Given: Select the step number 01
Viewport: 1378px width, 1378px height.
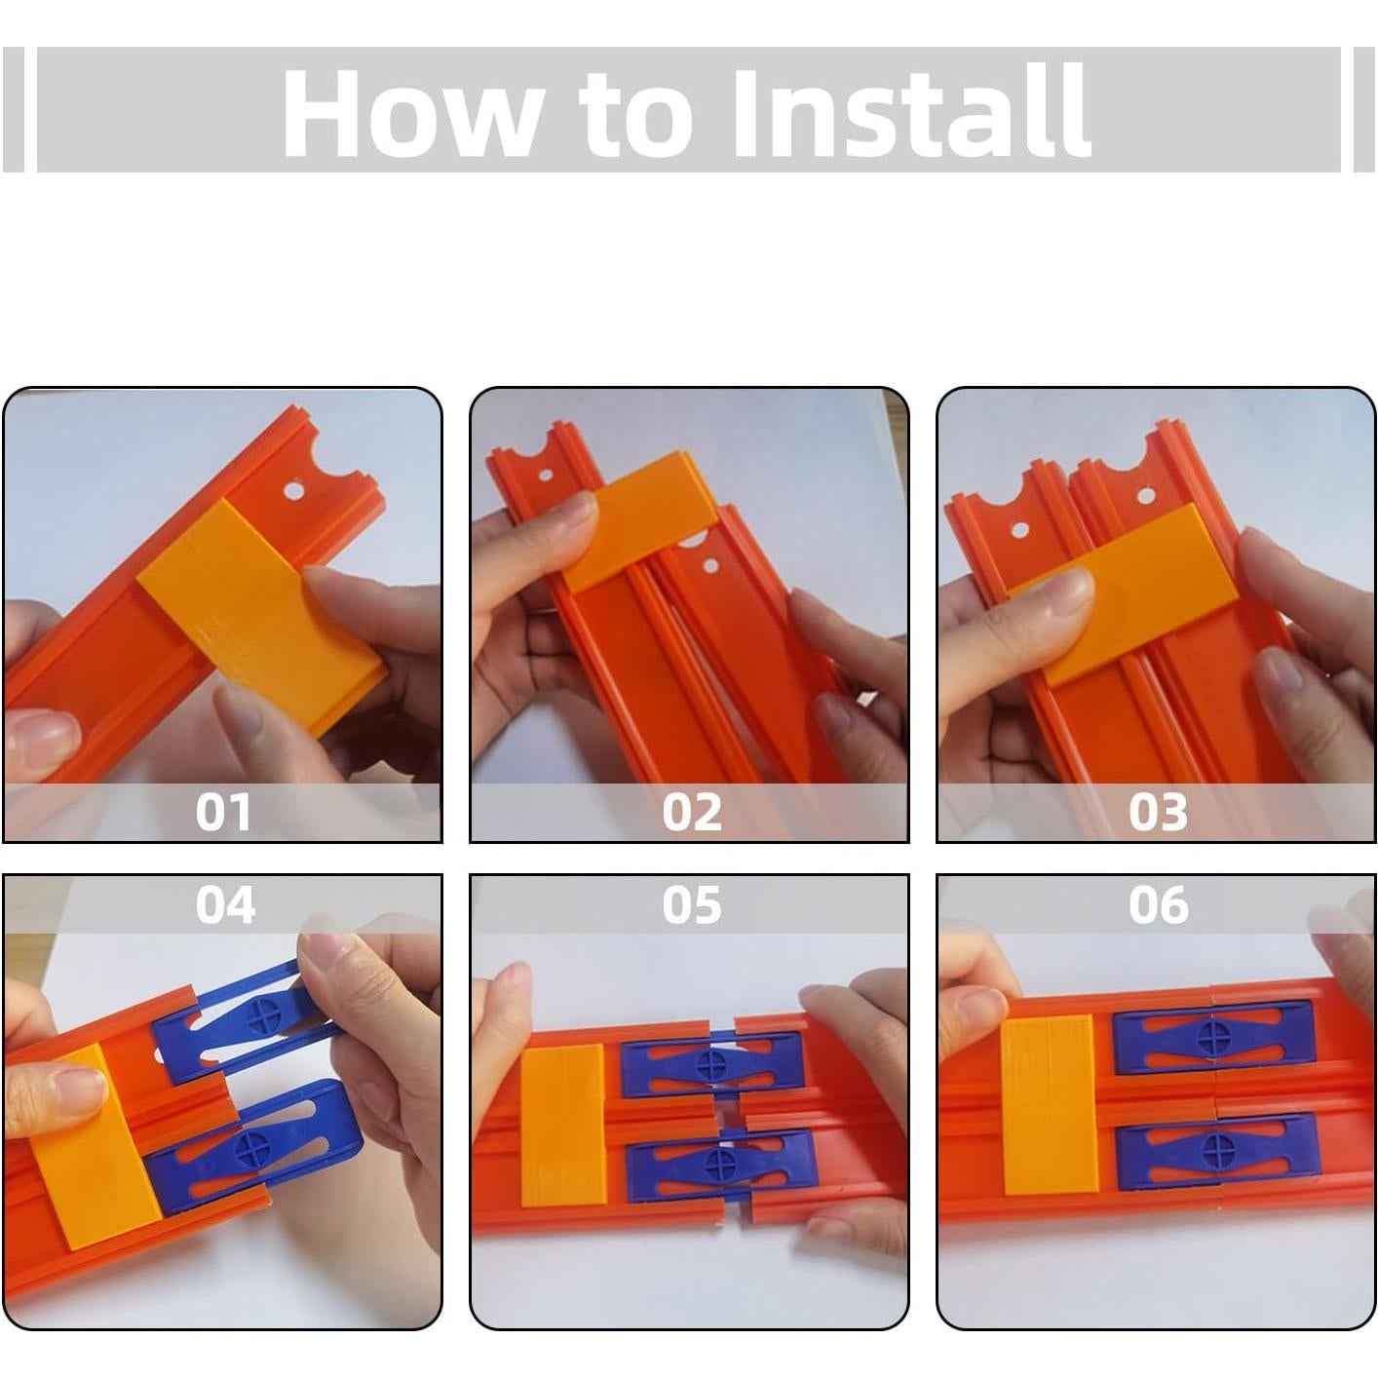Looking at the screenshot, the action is (x=223, y=812).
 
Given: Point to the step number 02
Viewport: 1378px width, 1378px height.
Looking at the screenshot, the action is (x=692, y=812).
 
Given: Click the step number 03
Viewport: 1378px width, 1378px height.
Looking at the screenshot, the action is (x=1159, y=812).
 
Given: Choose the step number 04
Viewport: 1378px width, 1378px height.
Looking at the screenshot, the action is (x=225, y=905).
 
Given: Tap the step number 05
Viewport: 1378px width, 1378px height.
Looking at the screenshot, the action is (x=692, y=905).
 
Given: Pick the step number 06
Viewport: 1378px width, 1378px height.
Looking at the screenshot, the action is (x=1159, y=905).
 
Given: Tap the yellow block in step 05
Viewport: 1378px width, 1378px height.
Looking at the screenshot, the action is (x=563, y=1126).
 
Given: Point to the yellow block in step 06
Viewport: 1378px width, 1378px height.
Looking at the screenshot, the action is (x=1049, y=1105).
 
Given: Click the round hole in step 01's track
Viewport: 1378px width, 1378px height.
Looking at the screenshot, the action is (x=293, y=491).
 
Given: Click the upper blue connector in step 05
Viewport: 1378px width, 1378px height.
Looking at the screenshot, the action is (x=711, y=1062).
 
